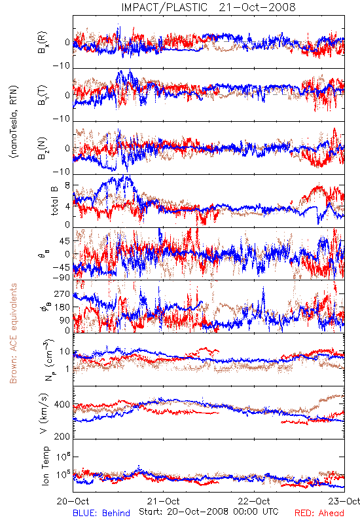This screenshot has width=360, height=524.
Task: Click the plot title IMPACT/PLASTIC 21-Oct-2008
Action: click(208, 7)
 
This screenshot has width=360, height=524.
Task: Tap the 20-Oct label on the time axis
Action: click(73, 501)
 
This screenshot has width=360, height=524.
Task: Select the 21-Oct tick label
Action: click(163, 501)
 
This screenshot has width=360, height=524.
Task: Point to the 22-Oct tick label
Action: click(254, 501)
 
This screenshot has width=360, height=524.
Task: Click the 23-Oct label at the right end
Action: click(344, 501)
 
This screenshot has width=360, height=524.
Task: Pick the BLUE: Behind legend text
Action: click(101, 513)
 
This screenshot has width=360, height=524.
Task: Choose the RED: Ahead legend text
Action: click(319, 513)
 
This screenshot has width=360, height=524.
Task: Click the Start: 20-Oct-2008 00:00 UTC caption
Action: click(209, 512)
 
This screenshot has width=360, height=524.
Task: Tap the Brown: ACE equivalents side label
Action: click(13, 333)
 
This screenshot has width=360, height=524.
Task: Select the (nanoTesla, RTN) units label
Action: click(14, 122)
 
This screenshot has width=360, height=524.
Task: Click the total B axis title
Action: click(54, 200)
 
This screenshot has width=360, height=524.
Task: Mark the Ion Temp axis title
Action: click(45, 466)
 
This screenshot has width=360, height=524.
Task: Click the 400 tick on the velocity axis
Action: click(62, 405)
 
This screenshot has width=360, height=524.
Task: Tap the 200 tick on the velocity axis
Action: click(62, 436)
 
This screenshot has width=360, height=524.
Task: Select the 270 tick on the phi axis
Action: click(62, 293)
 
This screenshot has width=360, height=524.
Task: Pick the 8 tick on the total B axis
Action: click(67, 185)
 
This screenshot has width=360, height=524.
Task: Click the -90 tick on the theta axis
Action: click(61, 277)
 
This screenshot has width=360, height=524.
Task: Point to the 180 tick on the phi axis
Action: click(62, 307)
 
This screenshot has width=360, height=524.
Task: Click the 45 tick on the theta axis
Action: click(65, 241)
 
